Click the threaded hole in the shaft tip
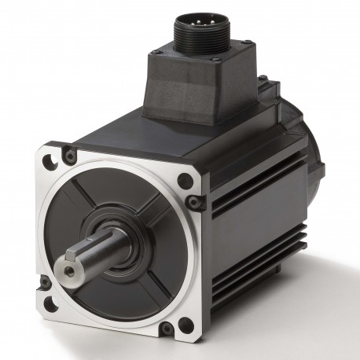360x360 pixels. click(70, 270)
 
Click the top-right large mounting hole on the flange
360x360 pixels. click(185, 181)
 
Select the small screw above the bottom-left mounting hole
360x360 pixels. click(46, 281)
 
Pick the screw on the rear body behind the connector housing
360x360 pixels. click(263, 79)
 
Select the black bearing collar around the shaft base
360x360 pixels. click(118, 228)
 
